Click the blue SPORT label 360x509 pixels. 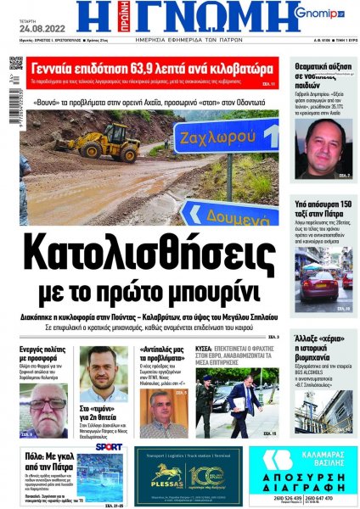click(109, 446)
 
